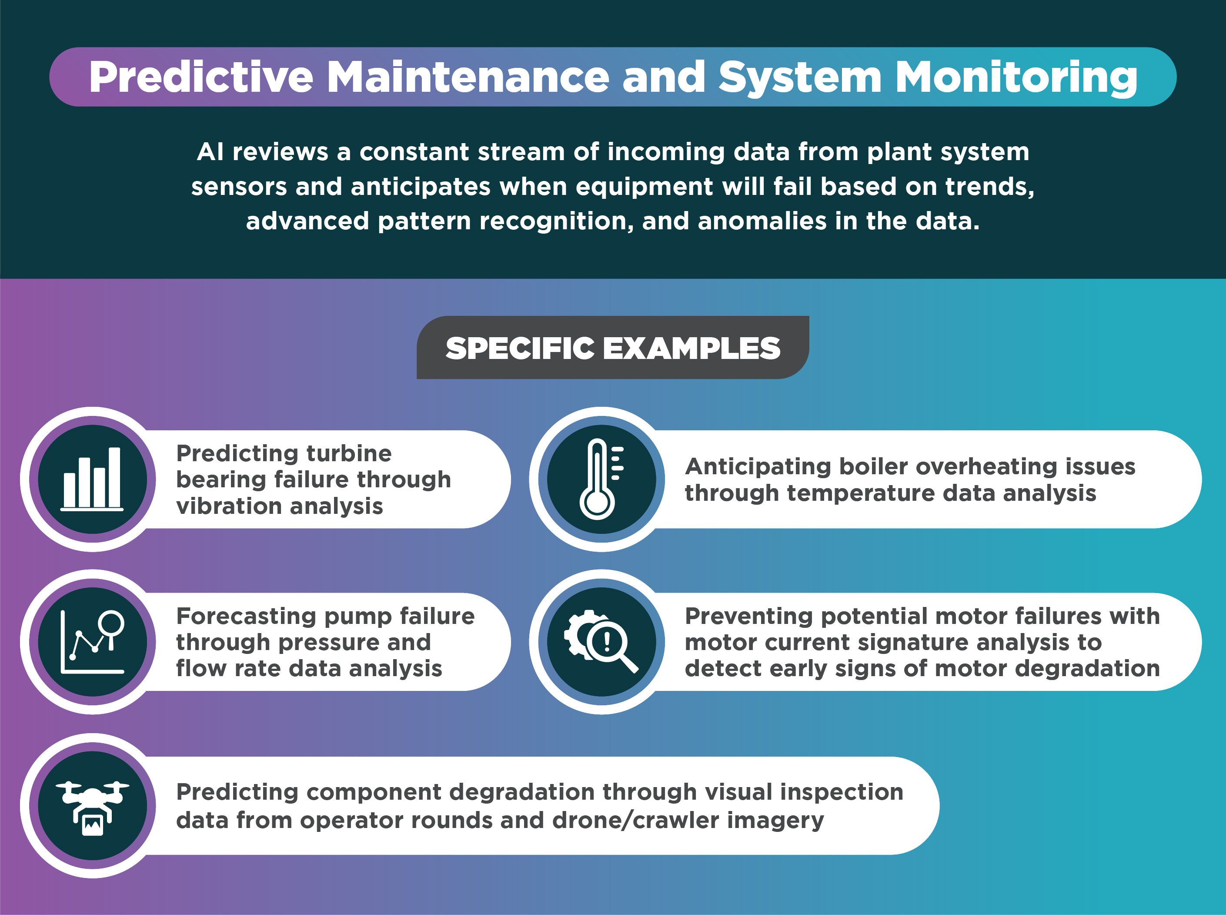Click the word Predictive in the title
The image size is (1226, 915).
[x=201, y=77]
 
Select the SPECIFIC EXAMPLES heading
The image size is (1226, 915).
[x=613, y=349]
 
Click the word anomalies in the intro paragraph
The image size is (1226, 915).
[x=762, y=221]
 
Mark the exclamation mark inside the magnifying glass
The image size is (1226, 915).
[x=607, y=641]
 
